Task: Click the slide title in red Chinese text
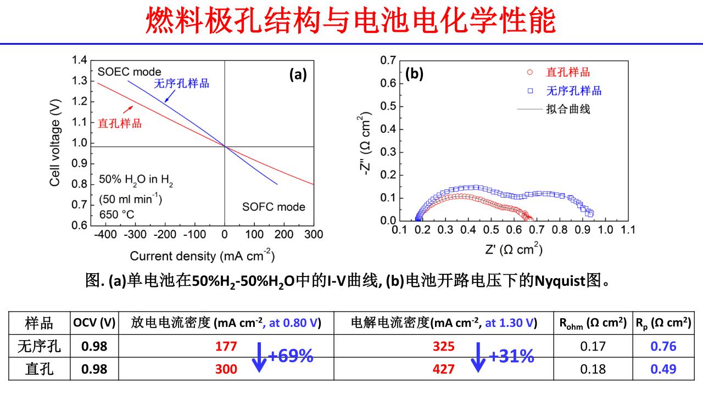351,20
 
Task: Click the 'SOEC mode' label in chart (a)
129,72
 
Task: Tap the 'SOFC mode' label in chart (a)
274,207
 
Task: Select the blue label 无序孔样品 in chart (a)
181,83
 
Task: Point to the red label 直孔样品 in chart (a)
119,123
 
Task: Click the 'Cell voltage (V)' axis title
55,142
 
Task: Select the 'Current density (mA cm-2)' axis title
202,256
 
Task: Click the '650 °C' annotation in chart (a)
117,215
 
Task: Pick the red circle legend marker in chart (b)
529,72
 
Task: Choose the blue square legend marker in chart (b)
529,91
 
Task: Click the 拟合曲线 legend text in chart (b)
568,109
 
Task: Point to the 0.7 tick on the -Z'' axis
388,60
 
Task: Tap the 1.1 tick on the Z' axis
627,230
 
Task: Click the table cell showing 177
226,346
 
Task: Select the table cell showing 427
444,369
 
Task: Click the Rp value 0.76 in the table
663,346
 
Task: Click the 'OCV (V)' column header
94,323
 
